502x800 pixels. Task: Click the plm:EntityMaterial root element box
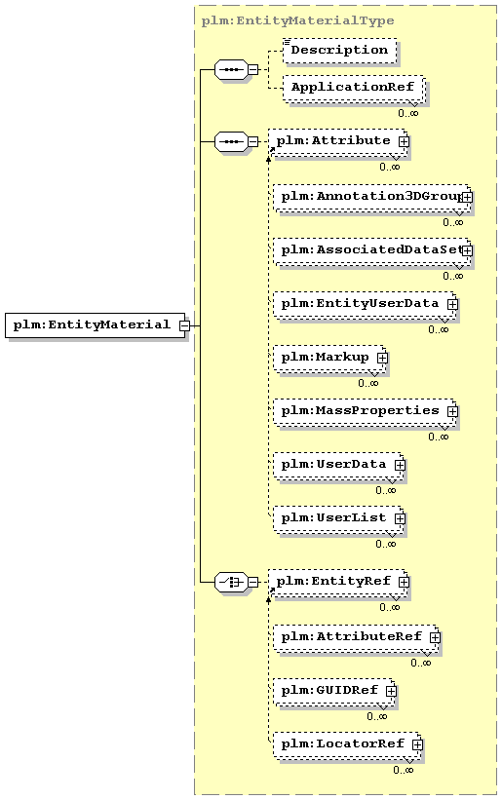pyautogui.click(x=95, y=325)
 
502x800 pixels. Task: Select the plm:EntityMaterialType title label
pyautogui.click(x=297, y=20)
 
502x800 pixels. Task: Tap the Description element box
pyautogui.click(x=340, y=51)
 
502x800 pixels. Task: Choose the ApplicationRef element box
pyautogui.click(x=354, y=89)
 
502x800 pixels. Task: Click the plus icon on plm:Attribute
pyautogui.click(x=404, y=141)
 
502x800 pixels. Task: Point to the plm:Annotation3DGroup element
pyautogui.click(x=372, y=198)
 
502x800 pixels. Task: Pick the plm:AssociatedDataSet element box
pyautogui.click(x=372, y=251)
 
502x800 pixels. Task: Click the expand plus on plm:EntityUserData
pyautogui.click(x=452, y=305)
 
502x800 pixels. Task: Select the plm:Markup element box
pyautogui.click(x=329, y=359)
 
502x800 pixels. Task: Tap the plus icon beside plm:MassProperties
pyautogui.click(x=452, y=412)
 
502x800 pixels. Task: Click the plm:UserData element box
pyautogui.click(x=338, y=466)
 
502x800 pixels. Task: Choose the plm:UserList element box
pyautogui.click(x=338, y=518)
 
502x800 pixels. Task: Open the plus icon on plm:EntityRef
pyautogui.click(x=404, y=582)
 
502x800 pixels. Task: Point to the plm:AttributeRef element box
pyautogui.click(x=356, y=637)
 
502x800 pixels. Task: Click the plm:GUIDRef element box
pyautogui.click(x=333, y=691)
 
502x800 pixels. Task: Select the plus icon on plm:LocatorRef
pyautogui.click(x=417, y=744)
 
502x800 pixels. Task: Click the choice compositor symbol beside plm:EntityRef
pyautogui.click(x=231, y=582)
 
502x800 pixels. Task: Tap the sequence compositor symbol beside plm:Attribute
pyautogui.click(x=231, y=141)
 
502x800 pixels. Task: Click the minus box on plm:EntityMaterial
pyautogui.click(x=184, y=325)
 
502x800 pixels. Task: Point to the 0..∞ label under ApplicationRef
pyautogui.click(x=408, y=113)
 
